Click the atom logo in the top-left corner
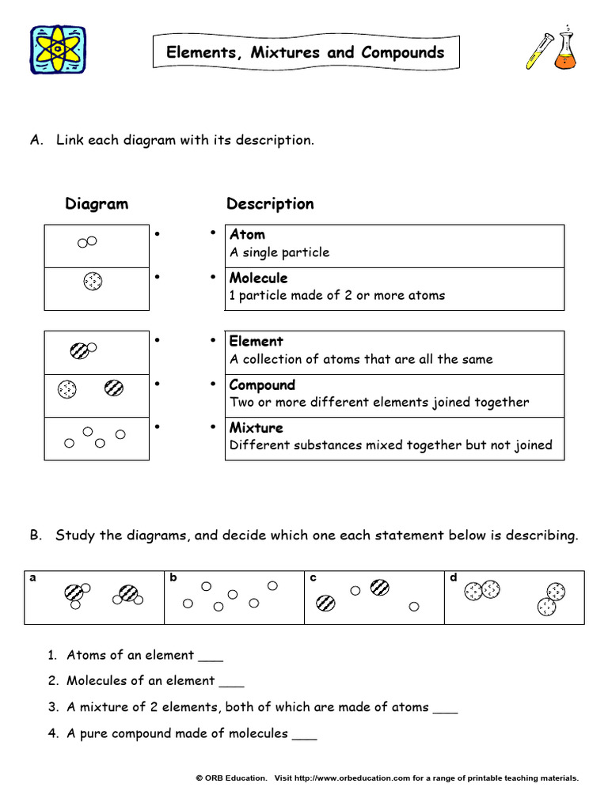pyautogui.click(x=58, y=51)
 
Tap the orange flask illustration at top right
pyautogui.click(x=564, y=53)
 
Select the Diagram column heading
pyautogui.click(x=97, y=204)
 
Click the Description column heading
pyautogui.click(x=270, y=204)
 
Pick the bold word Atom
pyautogui.click(x=247, y=235)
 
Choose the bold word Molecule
pyautogui.click(x=258, y=278)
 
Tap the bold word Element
pyautogui.click(x=256, y=342)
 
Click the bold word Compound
pyautogui.click(x=262, y=385)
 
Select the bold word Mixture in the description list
pyautogui.click(x=256, y=428)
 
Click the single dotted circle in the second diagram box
pyautogui.click(x=93, y=282)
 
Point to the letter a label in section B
pyautogui.click(x=33, y=577)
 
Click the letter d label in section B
pyautogui.click(x=454, y=577)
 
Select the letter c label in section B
pyautogui.click(x=313, y=577)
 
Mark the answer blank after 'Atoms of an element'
pyautogui.click(x=211, y=658)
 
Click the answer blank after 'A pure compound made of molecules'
pyautogui.click(x=305, y=736)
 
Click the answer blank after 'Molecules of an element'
pyautogui.click(x=231, y=683)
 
